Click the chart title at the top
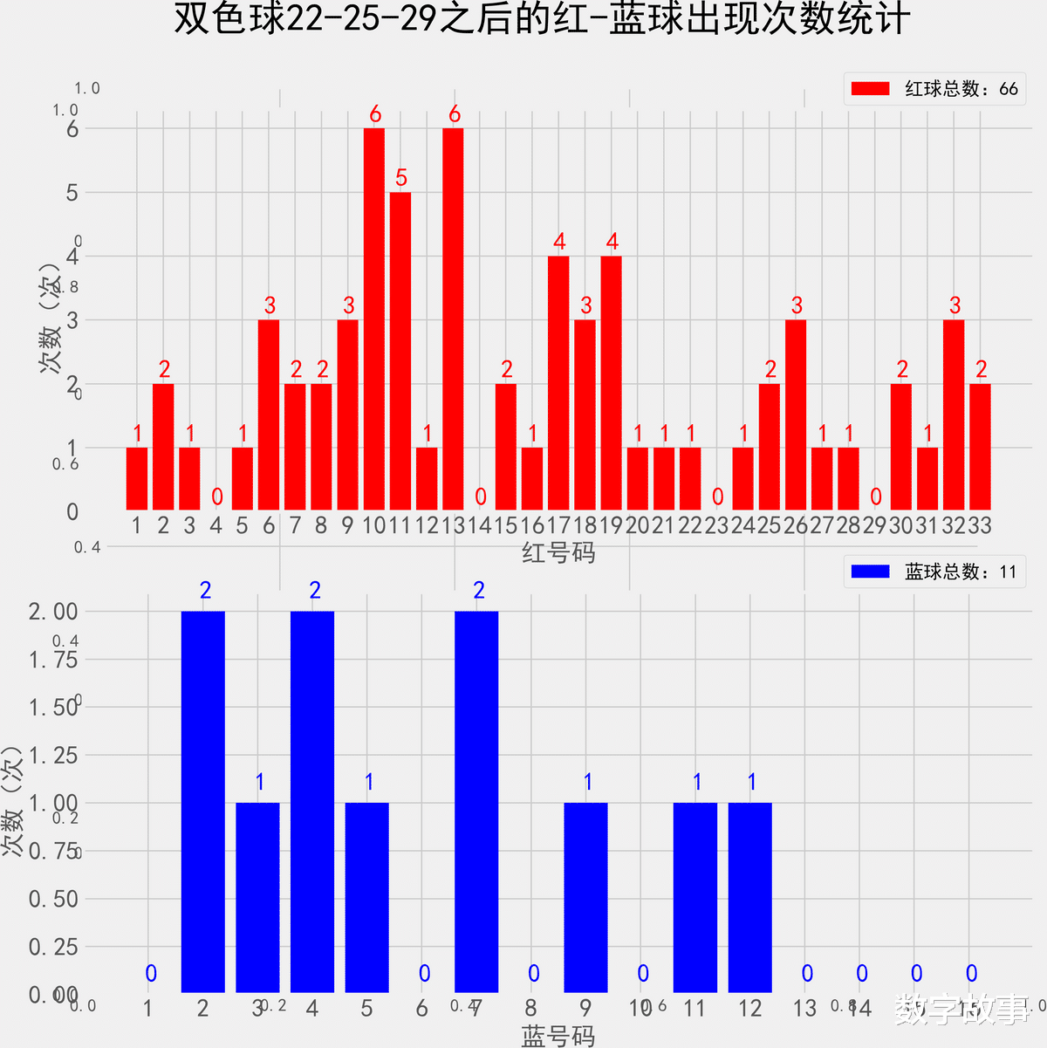pos(541,19)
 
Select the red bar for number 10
pos(374,319)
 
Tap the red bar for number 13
pos(453,319)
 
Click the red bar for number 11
pos(400,351)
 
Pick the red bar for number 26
pos(796,414)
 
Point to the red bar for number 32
pos(954,414)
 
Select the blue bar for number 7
pos(476,801)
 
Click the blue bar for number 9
pos(585,897)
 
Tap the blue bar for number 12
pos(750,897)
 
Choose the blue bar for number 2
pos(203,801)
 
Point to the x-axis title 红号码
pos(558,552)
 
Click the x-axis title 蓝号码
pos(558,1036)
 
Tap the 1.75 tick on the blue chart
pos(53,660)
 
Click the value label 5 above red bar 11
pos(401,178)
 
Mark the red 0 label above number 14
pos(480,497)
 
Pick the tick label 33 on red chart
pos(980,525)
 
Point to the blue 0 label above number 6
pos(424,974)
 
